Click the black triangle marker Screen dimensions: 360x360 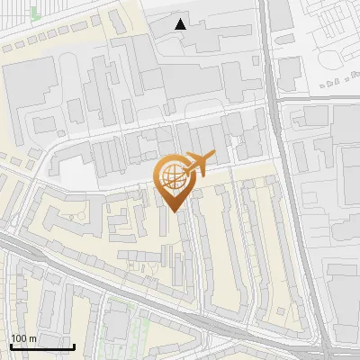181,24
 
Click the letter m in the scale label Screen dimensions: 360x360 32,338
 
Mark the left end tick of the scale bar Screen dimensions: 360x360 11,346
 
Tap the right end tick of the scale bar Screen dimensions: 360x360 73,346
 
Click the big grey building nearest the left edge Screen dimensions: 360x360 22,90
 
